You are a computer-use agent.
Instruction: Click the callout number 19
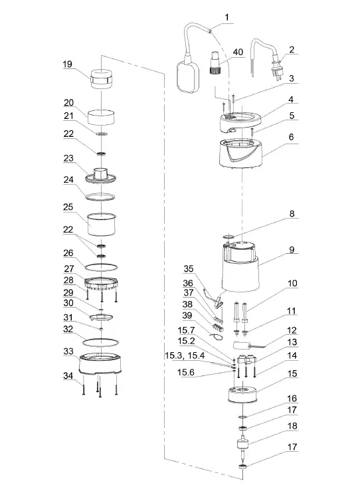click(67, 64)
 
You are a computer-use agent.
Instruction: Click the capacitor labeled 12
click(246, 346)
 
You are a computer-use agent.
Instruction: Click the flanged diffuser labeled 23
click(102, 177)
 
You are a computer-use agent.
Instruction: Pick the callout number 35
click(189, 270)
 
